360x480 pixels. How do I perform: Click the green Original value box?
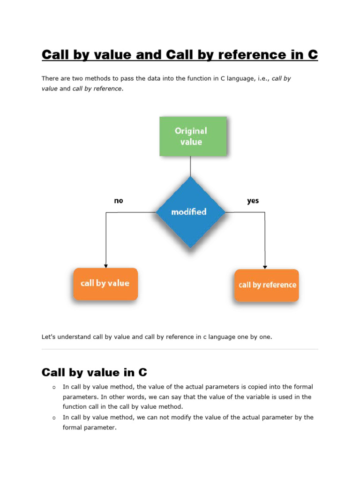pos(193,136)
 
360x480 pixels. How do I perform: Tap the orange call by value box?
pos(105,284)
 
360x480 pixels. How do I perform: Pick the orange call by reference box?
pos(267,285)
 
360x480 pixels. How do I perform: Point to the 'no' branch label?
pos(118,201)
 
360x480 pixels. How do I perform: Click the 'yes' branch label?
pos(253,201)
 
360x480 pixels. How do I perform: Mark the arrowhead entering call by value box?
pos(106,266)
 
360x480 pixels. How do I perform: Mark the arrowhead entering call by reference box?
pos(265,267)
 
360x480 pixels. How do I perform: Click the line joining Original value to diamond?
pos(190,166)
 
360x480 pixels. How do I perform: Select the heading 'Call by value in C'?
pos(94,373)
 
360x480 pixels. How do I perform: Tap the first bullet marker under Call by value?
pos(54,387)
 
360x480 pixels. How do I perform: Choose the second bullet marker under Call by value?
pos(54,418)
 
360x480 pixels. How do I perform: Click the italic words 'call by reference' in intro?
pos(97,89)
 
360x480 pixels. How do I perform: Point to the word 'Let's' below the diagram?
pos(49,337)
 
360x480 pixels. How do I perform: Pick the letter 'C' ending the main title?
pos(313,55)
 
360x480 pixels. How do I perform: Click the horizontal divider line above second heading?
pos(180,349)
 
